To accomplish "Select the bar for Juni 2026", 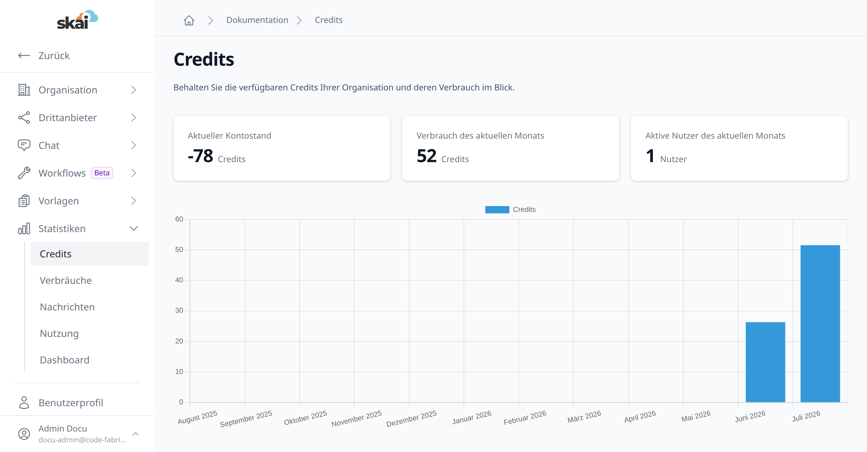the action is [765, 362].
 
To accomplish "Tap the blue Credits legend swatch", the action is [497, 209].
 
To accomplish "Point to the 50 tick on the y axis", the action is [179, 250].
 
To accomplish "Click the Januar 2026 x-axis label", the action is [471, 417].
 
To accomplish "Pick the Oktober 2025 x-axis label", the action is [305, 418].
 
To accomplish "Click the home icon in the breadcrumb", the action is [189, 20].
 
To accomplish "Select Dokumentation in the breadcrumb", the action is [257, 20].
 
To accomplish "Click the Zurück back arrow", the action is [24, 55].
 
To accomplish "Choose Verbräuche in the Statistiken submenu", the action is [66, 280].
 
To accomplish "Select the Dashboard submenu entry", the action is [65, 360].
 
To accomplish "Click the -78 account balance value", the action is [200, 156].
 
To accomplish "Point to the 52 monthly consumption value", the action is [427, 156].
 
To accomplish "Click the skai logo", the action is [77, 20].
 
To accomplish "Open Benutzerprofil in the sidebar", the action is [71, 403].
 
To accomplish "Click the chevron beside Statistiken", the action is [134, 228].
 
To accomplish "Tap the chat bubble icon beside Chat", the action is [24, 145].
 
